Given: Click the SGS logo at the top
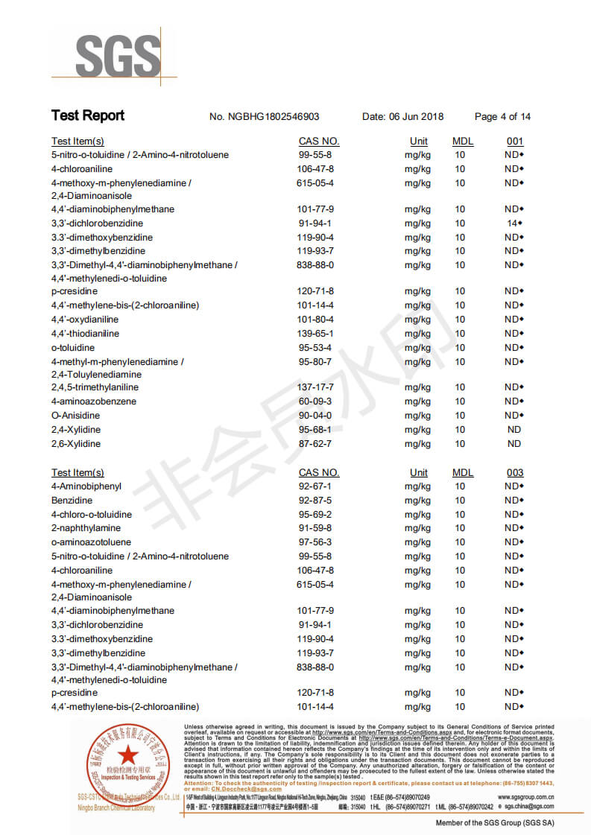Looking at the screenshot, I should point(117,56).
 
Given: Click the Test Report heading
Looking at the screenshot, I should point(87,115).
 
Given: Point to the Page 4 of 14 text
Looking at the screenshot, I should point(502,117).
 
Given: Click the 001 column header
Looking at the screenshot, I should point(514,142).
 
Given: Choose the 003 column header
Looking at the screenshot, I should point(514,472).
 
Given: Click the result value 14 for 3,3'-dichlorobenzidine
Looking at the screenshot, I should point(512,223).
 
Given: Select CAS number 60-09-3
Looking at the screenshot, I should point(315,401).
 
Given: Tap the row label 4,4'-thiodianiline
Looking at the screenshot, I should point(85,334).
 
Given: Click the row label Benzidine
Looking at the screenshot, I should point(72,501).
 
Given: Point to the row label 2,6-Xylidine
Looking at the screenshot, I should point(76,444).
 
